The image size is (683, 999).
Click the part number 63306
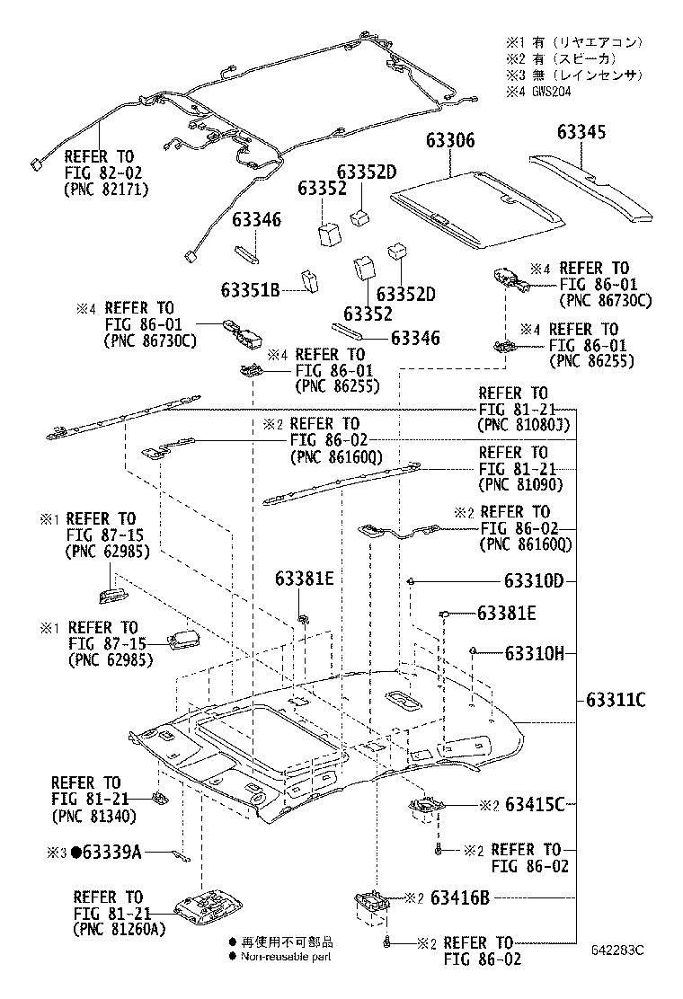tap(450, 141)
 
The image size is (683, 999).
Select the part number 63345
tap(581, 132)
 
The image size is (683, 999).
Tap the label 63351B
tap(252, 289)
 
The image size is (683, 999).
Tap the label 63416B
tap(459, 897)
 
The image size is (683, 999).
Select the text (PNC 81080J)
tap(525, 425)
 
